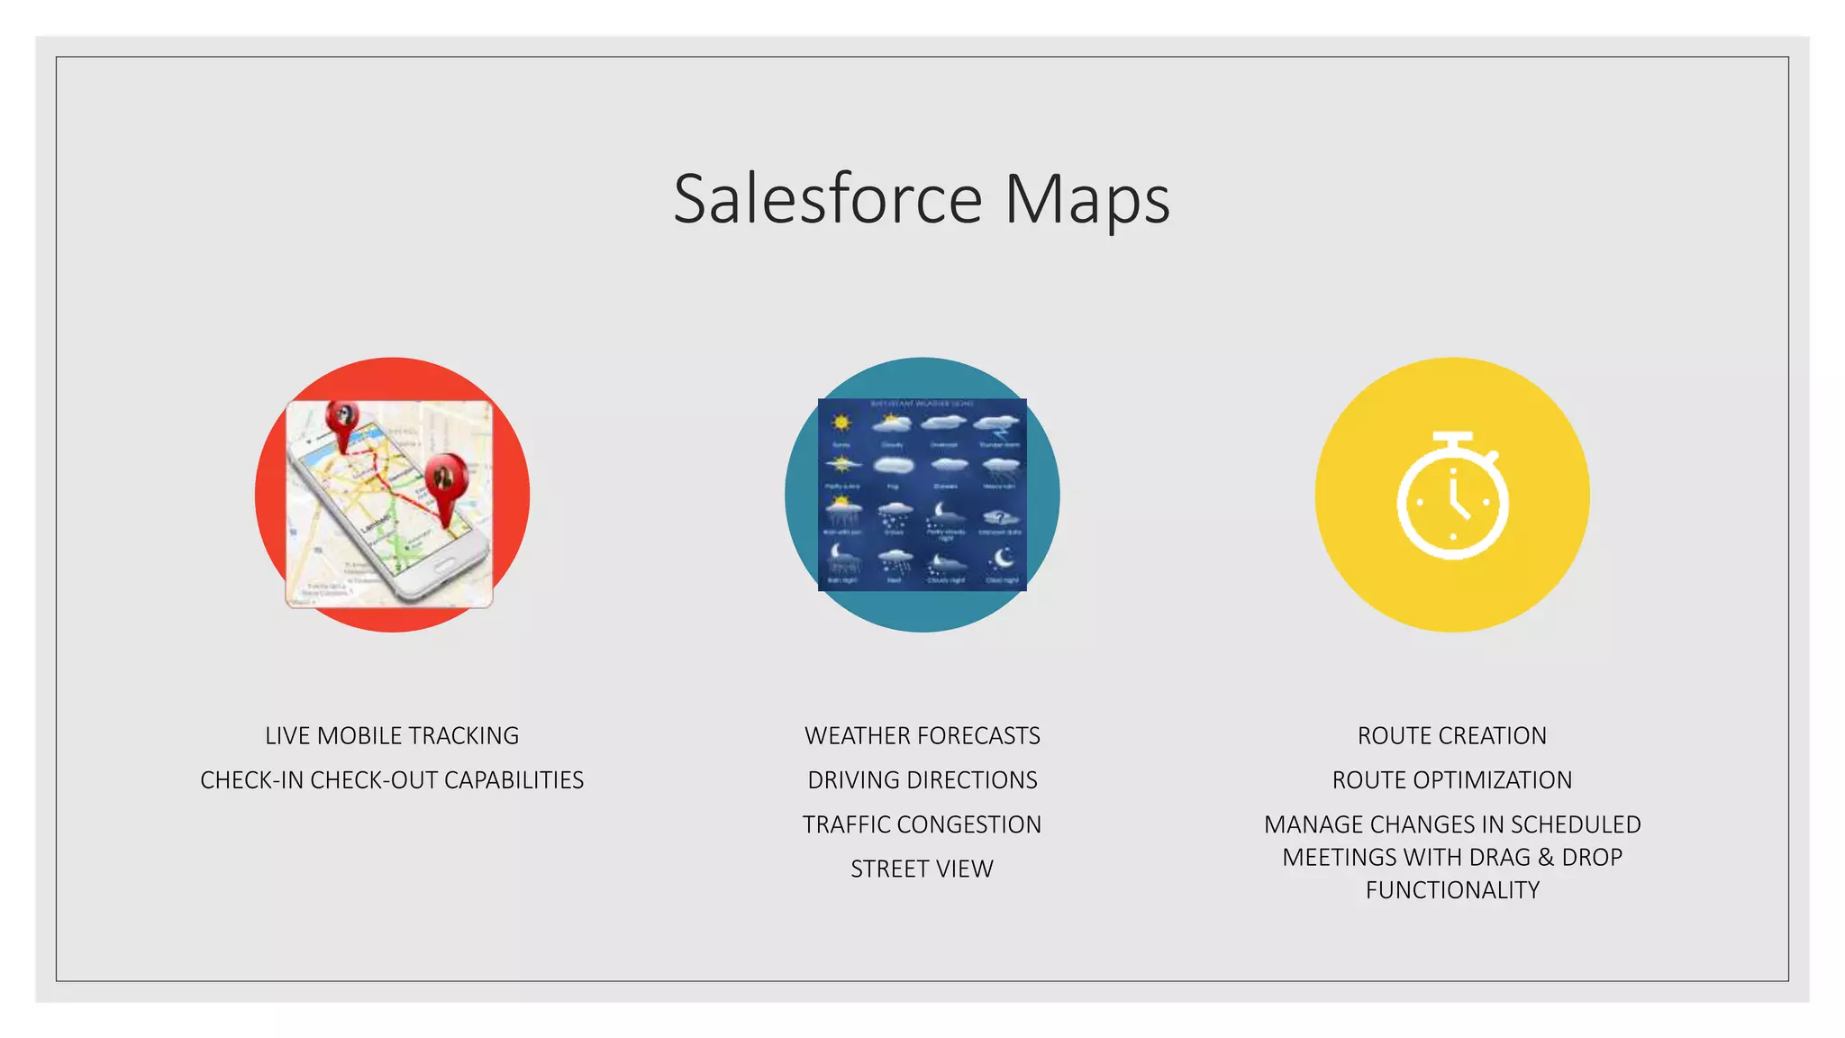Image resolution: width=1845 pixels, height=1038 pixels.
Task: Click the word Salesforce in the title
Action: pos(827,199)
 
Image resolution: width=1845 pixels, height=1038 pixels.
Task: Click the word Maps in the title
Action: pos(1086,201)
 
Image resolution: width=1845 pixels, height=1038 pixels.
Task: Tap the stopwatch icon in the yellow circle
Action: pos(1452,496)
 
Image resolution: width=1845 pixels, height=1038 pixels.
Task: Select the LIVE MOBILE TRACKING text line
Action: pos(392,735)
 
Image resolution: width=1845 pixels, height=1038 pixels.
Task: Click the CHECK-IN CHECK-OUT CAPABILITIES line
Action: pos(392,779)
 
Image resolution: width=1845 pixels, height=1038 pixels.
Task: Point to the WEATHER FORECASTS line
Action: pos(922,735)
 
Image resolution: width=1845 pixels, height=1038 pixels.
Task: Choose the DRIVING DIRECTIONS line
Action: pos(922,779)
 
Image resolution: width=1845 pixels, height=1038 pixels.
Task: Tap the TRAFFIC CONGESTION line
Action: pos(922,824)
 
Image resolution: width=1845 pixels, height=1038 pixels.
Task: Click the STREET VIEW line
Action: pos(922,869)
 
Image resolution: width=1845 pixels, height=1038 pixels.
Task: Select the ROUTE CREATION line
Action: pos(1451,735)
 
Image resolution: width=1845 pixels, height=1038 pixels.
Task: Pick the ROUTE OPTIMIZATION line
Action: pos(1451,779)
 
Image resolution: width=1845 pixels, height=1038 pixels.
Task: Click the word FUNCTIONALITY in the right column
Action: pos(1451,889)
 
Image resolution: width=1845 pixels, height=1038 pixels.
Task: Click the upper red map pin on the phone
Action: pos(342,422)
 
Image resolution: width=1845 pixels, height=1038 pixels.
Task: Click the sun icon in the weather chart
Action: pos(841,423)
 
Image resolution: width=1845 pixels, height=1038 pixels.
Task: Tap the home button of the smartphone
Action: pos(442,567)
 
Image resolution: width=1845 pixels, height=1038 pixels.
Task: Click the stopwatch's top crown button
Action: pos(1452,439)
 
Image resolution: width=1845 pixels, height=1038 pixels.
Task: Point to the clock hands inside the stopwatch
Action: pos(1458,500)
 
